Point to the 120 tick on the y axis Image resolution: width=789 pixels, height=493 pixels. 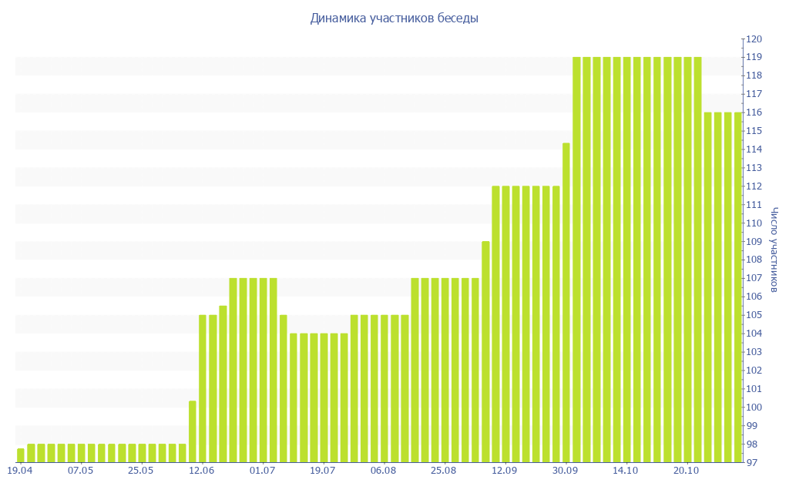click(753, 39)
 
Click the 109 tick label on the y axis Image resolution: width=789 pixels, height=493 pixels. click(753, 241)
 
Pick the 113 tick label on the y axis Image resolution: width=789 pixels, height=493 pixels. click(753, 168)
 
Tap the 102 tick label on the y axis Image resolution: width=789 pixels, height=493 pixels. click(753, 371)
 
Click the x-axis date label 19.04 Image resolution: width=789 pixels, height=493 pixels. click(20, 471)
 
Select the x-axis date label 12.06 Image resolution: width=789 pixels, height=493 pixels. click(202, 471)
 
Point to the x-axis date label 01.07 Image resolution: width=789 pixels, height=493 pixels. click(263, 471)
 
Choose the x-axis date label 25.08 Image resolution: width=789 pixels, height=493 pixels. click(444, 471)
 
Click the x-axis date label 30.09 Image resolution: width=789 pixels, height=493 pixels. click(566, 471)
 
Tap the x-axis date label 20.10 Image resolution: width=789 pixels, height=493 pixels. click(687, 471)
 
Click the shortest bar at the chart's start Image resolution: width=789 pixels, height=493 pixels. click(21, 455)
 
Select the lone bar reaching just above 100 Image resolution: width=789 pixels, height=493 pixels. click(193, 431)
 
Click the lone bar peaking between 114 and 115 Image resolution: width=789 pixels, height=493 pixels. click(566, 303)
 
